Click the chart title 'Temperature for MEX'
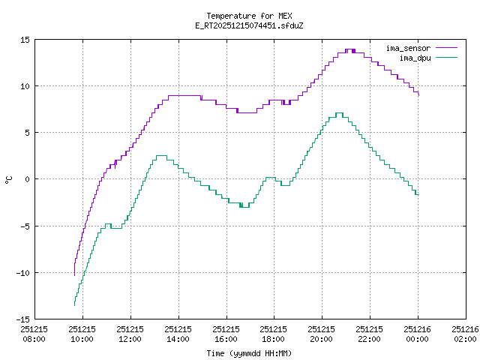[x=248, y=16]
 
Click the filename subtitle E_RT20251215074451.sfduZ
[x=248, y=25]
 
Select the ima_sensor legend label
[x=408, y=48]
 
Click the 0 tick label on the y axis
[x=27, y=179]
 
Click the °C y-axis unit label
[x=9, y=179]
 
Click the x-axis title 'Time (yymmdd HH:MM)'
[x=248, y=353]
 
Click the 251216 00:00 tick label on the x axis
[x=418, y=334]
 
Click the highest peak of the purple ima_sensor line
[x=349, y=49]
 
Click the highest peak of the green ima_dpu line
[x=339, y=113]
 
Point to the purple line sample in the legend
[x=446, y=48]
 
